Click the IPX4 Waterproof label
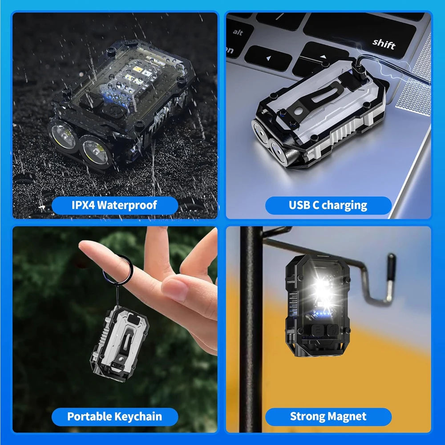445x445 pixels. (x=114, y=205)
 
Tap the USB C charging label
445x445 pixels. (x=328, y=205)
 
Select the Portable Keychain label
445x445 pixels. (x=114, y=417)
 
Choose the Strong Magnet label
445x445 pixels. (x=328, y=417)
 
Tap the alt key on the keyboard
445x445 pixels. (x=238, y=32)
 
